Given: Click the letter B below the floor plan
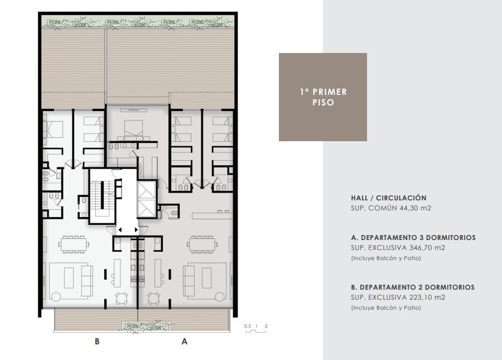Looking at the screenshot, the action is pos(97,342).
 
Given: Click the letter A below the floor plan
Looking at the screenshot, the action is pos(185,342).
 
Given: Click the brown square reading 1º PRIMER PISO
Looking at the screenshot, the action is pos(323,97).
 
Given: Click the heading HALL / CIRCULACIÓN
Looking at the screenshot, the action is pos(388,198).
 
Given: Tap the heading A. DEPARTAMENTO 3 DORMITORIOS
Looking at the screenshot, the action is pos(413,238).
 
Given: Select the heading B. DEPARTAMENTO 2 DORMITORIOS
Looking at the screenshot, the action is pos(413,287).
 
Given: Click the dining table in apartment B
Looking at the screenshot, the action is pos(74,244).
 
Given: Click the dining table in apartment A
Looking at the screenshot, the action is pos(202,244).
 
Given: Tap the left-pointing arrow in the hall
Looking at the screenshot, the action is pos(120,229).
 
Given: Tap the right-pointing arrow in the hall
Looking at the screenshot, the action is pos(137,229).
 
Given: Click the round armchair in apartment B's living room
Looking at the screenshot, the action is pos(56,296).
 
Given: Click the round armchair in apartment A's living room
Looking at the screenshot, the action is pos(220,296).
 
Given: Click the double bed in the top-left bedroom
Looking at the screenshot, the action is pos(53,129).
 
